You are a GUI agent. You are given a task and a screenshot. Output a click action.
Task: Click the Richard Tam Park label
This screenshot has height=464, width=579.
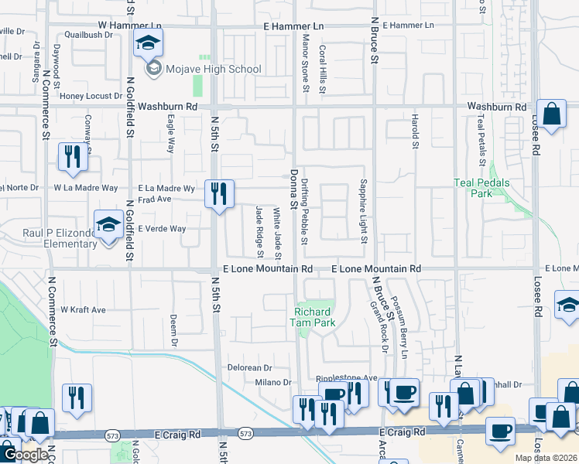[x=313, y=317]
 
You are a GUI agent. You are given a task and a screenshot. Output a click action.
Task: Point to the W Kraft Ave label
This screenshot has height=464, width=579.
[x=83, y=309]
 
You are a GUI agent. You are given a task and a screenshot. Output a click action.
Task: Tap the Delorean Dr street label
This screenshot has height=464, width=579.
[x=249, y=368]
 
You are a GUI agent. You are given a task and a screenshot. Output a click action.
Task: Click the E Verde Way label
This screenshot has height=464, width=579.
[x=162, y=229]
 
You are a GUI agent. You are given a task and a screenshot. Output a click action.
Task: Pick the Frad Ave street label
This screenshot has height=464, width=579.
[x=154, y=199]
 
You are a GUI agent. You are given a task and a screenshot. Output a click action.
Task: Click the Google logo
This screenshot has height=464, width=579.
[x=26, y=455]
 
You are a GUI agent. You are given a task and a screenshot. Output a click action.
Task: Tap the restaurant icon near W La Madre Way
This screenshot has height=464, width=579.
[x=73, y=157]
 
